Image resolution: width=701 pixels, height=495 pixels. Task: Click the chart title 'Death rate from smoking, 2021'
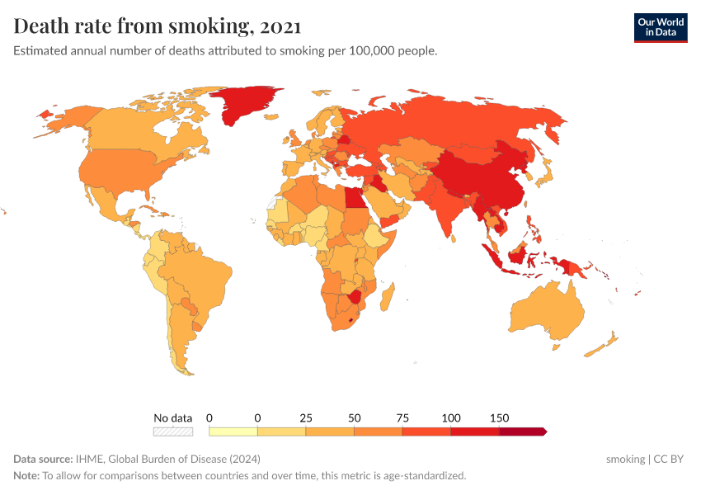point(157,26)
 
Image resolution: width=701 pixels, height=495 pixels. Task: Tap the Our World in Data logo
point(660,27)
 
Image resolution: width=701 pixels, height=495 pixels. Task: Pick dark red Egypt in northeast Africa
point(352,198)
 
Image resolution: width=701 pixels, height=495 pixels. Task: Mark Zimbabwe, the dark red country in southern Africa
point(355,296)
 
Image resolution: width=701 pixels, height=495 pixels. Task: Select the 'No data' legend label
point(172,417)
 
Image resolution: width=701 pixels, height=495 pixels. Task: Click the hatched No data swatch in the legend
point(172,431)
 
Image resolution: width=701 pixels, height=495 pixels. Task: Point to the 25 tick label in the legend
point(306,417)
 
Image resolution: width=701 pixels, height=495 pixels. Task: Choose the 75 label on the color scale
point(402,417)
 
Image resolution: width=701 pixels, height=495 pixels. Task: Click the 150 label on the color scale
point(499,417)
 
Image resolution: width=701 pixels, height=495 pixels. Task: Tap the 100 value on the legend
point(450,417)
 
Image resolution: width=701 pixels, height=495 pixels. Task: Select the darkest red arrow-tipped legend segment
point(522,431)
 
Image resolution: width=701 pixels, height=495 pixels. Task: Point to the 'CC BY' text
point(669,459)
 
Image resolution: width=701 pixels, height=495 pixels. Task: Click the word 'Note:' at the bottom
point(26,475)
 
